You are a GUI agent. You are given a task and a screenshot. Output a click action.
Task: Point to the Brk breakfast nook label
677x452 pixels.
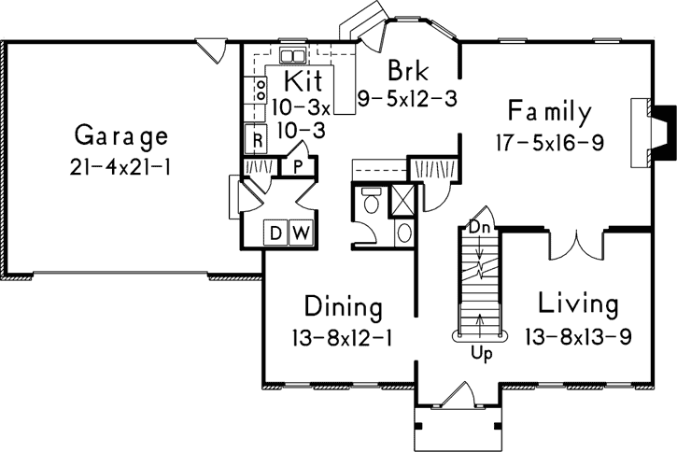tap(406, 70)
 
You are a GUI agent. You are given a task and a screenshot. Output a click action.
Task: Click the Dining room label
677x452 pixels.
tap(343, 307)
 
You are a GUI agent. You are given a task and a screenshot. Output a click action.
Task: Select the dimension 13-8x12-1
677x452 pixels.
tap(342, 336)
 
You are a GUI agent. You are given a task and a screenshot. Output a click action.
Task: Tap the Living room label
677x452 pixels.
tap(578, 304)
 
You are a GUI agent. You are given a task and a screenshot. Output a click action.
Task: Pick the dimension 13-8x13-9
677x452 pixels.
tap(578, 334)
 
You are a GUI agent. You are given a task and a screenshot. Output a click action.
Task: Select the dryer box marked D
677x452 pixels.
tap(278, 232)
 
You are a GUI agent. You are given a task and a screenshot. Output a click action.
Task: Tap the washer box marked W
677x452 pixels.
tap(301, 232)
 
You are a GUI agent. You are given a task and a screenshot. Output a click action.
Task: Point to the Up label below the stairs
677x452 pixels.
tap(480, 354)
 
